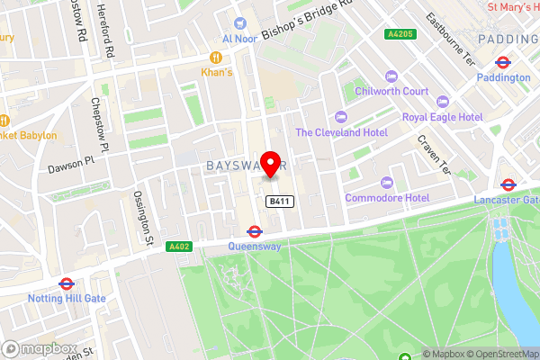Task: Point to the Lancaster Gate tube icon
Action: click(x=508, y=184)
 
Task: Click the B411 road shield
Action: click(x=278, y=202)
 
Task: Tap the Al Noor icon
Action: click(x=239, y=23)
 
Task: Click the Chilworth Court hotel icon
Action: click(x=390, y=76)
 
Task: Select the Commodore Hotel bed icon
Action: click(x=385, y=182)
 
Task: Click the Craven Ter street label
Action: click(x=434, y=155)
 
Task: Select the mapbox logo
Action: click(x=39, y=348)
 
